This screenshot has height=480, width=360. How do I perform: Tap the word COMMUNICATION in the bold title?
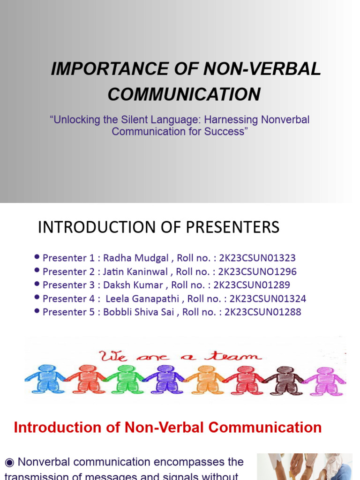click(184, 94)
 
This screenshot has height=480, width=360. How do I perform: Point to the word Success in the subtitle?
click(224, 131)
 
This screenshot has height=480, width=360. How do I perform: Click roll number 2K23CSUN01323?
click(257, 258)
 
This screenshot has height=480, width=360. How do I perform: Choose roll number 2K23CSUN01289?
click(252, 285)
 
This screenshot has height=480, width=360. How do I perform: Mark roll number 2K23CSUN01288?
click(263, 312)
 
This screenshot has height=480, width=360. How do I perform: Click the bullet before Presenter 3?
click(37, 285)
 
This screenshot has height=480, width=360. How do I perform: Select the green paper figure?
click(125, 379)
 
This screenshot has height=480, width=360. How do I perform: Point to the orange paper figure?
click(205, 379)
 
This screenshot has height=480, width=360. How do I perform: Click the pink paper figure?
click(325, 380)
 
